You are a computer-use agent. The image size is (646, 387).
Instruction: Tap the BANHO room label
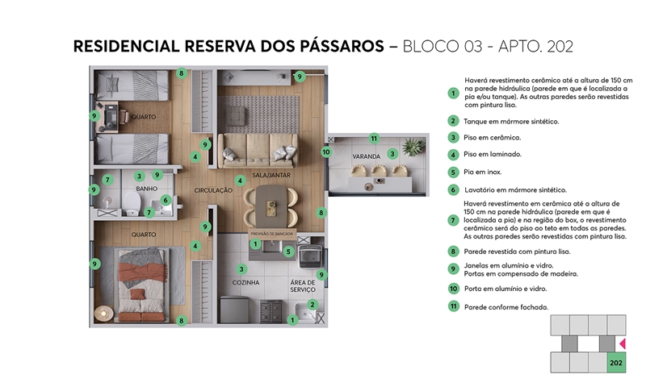point(146,189)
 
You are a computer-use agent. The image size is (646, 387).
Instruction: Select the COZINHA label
point(246,282)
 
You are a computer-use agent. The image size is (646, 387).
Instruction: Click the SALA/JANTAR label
point(271,175)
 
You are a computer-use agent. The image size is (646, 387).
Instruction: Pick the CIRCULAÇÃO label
point(213,190)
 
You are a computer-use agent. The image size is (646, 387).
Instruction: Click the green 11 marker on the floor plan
point(373,139)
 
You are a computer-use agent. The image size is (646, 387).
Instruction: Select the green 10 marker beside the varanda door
point(326,151)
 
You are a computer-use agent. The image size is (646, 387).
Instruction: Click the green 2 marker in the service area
point(313,304)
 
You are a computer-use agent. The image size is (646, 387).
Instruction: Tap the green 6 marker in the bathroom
point(165,200)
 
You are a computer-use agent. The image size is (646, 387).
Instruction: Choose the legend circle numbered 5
point(454,172)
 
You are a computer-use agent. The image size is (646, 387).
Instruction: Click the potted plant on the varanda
point(413,147)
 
